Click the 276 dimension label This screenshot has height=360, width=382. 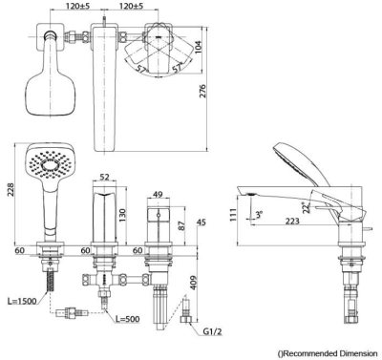202,91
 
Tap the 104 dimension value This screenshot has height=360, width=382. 198,48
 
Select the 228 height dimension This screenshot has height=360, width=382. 11,190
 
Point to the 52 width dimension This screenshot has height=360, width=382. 104,177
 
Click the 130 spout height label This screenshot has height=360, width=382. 122,216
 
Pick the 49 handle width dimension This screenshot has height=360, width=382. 158,194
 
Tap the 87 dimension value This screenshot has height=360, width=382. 181,225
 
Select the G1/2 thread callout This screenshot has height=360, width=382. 212,332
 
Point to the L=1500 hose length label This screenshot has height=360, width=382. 22,301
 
